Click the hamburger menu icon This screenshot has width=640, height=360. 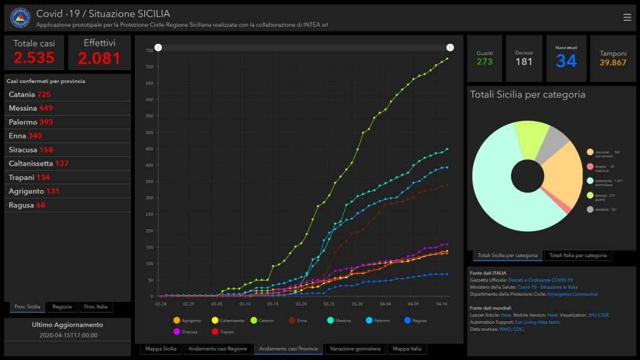point(627,17)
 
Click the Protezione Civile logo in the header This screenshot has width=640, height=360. point(20,17)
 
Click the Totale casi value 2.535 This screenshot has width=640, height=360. point(34,58)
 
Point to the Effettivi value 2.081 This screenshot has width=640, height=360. point(99,58)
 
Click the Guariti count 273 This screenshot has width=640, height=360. point(484,62)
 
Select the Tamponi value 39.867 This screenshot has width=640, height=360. point(612,62)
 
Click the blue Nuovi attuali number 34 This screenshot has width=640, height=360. point(566,61)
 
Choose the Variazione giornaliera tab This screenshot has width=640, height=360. point(355,349)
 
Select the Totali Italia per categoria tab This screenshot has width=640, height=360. point(578,255)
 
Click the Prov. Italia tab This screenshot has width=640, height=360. point(96,307)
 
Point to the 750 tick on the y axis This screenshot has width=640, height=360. point(149,50)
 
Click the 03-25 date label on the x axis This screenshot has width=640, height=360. point(329,304)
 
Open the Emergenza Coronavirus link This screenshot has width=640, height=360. point(572,294)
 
